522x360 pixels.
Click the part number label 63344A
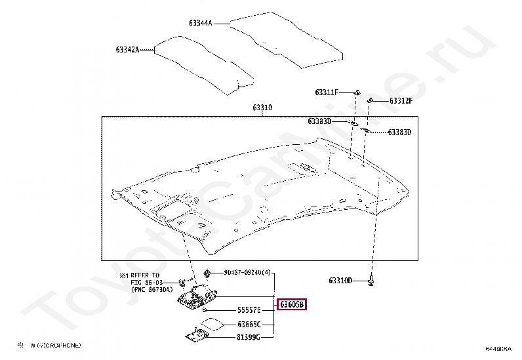pos(201,23)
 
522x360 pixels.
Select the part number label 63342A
pos(128,49)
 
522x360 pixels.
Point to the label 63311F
pos(326,92)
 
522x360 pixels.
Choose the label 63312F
pos(401,101)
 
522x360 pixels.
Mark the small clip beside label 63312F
pos(371,100)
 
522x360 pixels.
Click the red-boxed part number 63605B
pos(291,305)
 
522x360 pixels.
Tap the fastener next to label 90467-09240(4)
pos(208,272)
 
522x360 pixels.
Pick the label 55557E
pos(249,310)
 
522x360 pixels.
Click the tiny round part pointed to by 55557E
pos(206,309)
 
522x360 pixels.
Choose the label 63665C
pos(249,324)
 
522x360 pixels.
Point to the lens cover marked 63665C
pos(211,323)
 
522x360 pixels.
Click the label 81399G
pos(249,337)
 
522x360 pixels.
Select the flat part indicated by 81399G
pos(197,336)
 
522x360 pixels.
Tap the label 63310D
pos(340,281)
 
